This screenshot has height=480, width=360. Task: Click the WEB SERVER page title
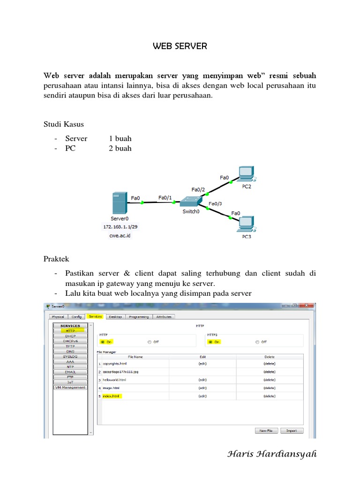tap(180, 46)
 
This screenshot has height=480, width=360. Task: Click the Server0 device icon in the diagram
tap(119, 202)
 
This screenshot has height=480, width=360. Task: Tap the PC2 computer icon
tap(246, 174)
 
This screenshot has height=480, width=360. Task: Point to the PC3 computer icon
tap(246, 224)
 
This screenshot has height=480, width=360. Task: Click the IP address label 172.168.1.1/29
tap(120, 227)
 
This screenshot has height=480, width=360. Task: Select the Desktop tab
tap(115, 317)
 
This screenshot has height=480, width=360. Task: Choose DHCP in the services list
tap(70, 336)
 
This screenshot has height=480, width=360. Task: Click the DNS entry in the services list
tap(70, 351)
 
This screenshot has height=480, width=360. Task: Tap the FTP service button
tap(70, 377)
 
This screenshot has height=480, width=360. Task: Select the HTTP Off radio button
tap(150, 342)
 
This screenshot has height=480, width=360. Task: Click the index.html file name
tap(112, 396)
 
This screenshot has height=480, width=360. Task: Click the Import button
tap(292, 430)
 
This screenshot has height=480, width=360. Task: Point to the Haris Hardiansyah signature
tap(272, 454)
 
